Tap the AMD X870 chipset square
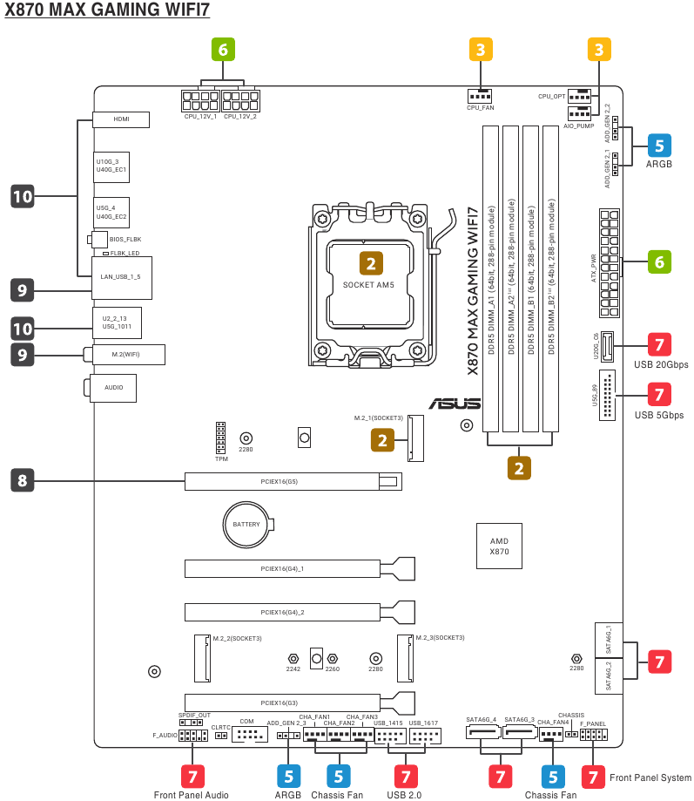(x=499, y=546)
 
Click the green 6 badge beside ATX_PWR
(x=658, y=261)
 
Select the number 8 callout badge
(x=22, y=479)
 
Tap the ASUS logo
(x=454, y=403)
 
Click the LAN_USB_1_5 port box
(x=120, y=275)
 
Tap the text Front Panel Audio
(x=192, y=794)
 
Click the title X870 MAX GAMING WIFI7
(x=107, y=12)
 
